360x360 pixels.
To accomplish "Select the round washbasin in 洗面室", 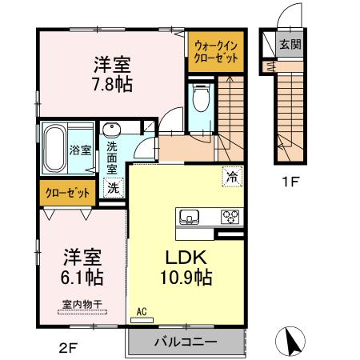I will pos(111,131).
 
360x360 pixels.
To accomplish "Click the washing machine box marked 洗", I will pos(114,188).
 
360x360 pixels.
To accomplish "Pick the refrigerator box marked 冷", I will pos(230,176).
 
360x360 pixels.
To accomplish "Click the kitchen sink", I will pos(191,217).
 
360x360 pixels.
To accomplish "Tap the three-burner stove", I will pos(230,217).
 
